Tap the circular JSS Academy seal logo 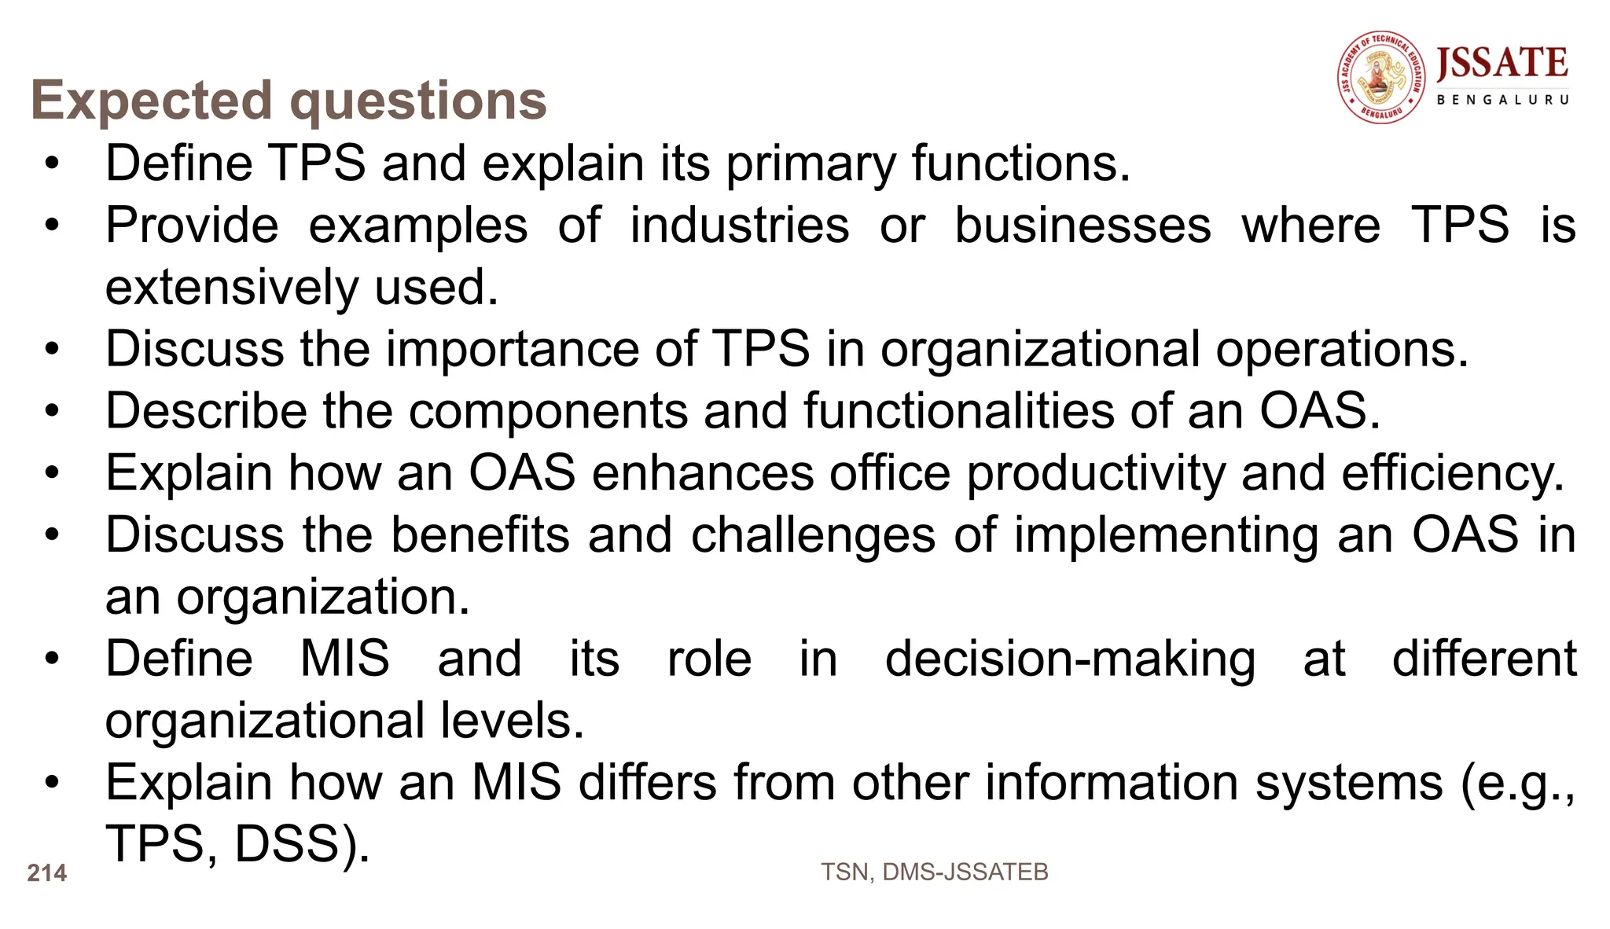click(x=1381, y=77)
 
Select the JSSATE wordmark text click(x=1502, y=64)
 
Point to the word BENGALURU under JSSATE click(x=1502, y=100)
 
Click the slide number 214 click(x=47, y=873)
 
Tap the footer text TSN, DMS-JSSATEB click(x=934, y=872)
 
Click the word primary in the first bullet click(x=811, y=163)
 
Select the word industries click(x=739, y=226)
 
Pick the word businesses click(x=1083, y=226)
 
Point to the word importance click(x=512, y=349)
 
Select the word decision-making click(x=1070, y=659)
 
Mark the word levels click(x=512, y=721)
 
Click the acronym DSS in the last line click(x=296, y=844)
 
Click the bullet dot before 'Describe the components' click(x=52, y=411)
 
